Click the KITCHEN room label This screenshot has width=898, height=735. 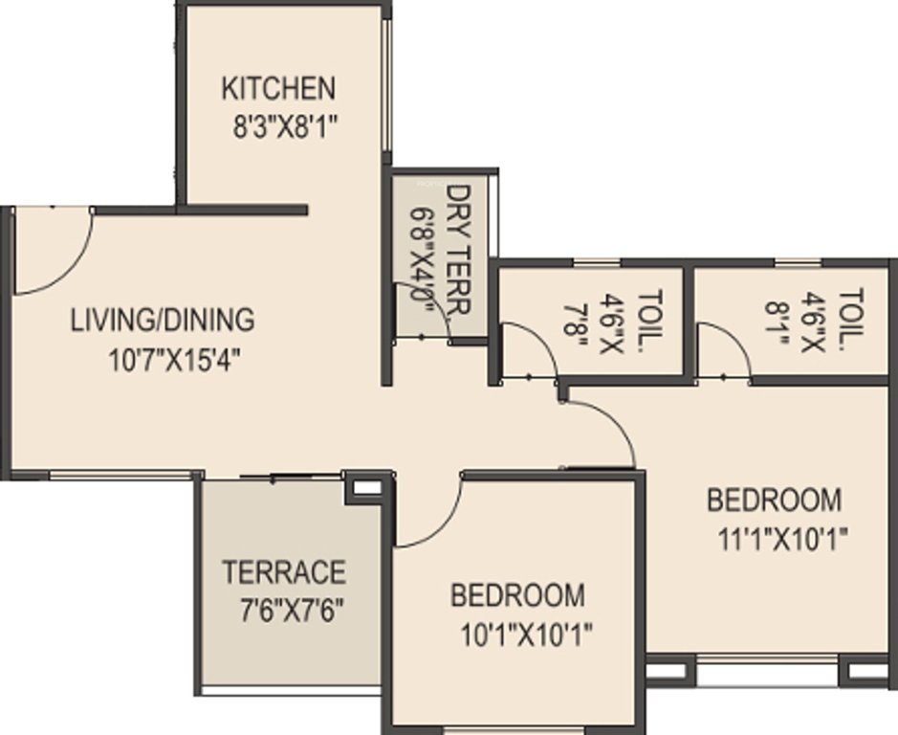pos(278,89)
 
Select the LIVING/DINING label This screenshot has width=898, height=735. pos(163,319)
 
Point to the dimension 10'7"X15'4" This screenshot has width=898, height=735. pos(174,360)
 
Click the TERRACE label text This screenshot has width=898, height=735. pos(283,572)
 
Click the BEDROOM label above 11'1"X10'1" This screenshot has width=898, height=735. pos(775,500)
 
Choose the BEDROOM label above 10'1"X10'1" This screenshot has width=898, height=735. pos(518,595)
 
